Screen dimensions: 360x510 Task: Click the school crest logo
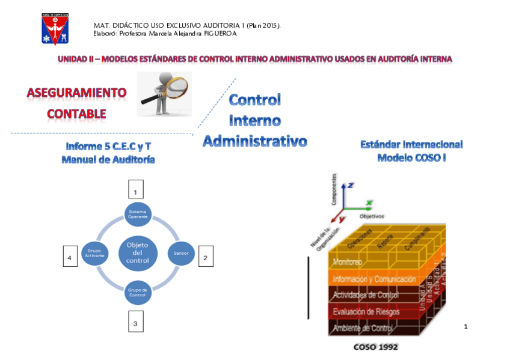pos(55,28)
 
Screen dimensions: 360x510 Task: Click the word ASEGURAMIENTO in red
pos(76,93)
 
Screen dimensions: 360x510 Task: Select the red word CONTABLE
pos(76,113)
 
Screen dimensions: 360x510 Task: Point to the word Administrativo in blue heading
pos(254,141)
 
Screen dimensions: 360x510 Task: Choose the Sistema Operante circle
pos(138,214)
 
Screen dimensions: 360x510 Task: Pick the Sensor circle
pos(181,254)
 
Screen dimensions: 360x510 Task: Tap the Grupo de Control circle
pos(138,293)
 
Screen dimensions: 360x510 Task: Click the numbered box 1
pos(135,190)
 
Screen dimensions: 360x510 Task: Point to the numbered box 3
pos(135,323)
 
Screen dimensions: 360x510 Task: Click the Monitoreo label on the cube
pos(348,262)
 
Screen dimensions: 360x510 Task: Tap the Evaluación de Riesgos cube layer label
pos(366,311)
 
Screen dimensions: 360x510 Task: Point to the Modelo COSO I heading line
pos(411,158)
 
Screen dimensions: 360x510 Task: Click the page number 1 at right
pos(465,326)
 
